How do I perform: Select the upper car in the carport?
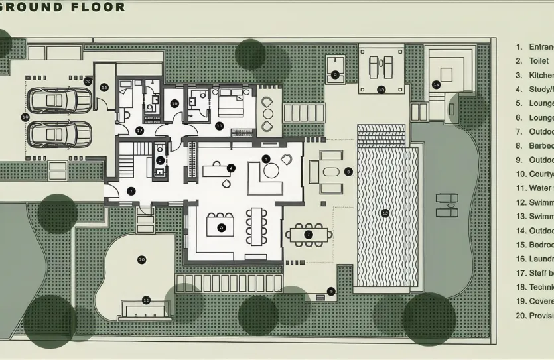click(59, 101)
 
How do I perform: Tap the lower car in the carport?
click(59, 135)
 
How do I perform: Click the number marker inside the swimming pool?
click(385, 213)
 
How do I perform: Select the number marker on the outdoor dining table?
click(308, 235)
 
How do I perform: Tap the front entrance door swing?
click(114, 192)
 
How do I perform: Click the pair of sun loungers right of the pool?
click(447, 206)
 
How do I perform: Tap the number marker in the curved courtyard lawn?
click(141, 259)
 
